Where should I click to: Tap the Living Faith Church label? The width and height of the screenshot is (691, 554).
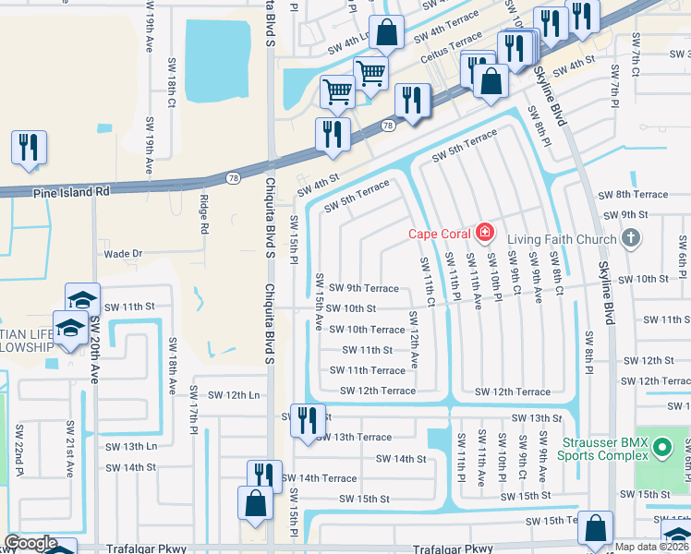(x=557, y=239)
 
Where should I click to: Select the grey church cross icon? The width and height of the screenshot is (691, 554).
(x=631, y=239)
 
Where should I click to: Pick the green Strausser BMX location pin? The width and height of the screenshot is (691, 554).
(x=661, y=449)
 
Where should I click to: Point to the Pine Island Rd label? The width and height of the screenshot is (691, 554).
(x=70, y=192)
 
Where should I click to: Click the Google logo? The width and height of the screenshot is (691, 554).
(x=30, y=544)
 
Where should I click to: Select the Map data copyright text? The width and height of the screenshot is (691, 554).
(x=653, y=547)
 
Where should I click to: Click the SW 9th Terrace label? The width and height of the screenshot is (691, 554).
(x=364, y=288)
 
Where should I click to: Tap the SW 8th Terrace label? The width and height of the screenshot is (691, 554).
(x=633, y=195)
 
